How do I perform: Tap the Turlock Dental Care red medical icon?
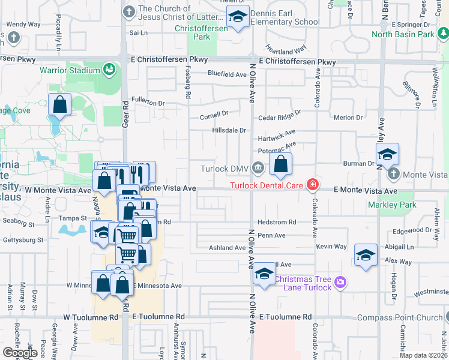[x=312, y=185]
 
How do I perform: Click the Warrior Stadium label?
[x=69, y=70]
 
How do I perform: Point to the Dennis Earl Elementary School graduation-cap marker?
[x=238, y=19]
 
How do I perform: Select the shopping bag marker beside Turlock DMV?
[x=280, y=164]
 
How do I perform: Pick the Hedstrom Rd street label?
[x=277, y=222]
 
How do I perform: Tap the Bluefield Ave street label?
[x=228, y=74]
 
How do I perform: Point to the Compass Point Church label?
[x=399, y=317]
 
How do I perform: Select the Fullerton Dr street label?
[x=148, y=103]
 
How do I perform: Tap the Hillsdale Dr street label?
[x=229, y=130]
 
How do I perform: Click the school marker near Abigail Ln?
[x=366, y=255]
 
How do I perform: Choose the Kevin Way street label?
[x=332, y=247]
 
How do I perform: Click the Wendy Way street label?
[x=23, y=25]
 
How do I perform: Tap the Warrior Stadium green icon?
[x=109, y=70]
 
